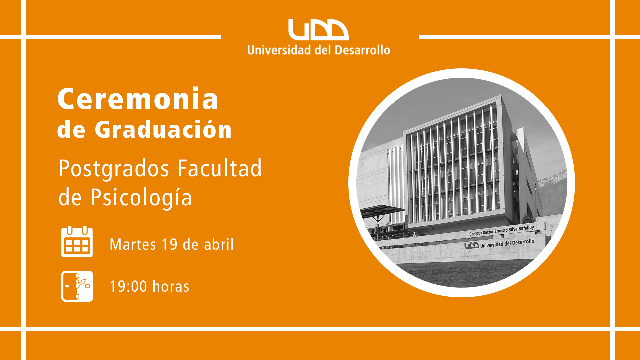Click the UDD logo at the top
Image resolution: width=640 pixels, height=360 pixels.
[x=318, y=29]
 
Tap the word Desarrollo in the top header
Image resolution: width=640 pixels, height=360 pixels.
[x=362, y=50]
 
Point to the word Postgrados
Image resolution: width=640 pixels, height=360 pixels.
[x=114, y=169]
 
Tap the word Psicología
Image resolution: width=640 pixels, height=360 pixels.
[x=141, y=197]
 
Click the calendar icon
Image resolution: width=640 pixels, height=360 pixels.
[x=77, y=241]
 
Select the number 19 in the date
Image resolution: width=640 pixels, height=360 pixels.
[x=169, y=244]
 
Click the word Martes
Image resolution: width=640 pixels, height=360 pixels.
[x=133, y=244]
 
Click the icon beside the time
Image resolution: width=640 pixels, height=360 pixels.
[x=77, y=286]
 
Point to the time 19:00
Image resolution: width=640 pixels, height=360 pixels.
[x=128, y=287]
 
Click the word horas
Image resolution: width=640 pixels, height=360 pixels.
[x=171, y=286]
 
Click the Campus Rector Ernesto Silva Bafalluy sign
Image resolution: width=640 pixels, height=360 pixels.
[x=502, y=230]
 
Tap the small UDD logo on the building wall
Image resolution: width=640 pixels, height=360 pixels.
[x=472, y=246]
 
